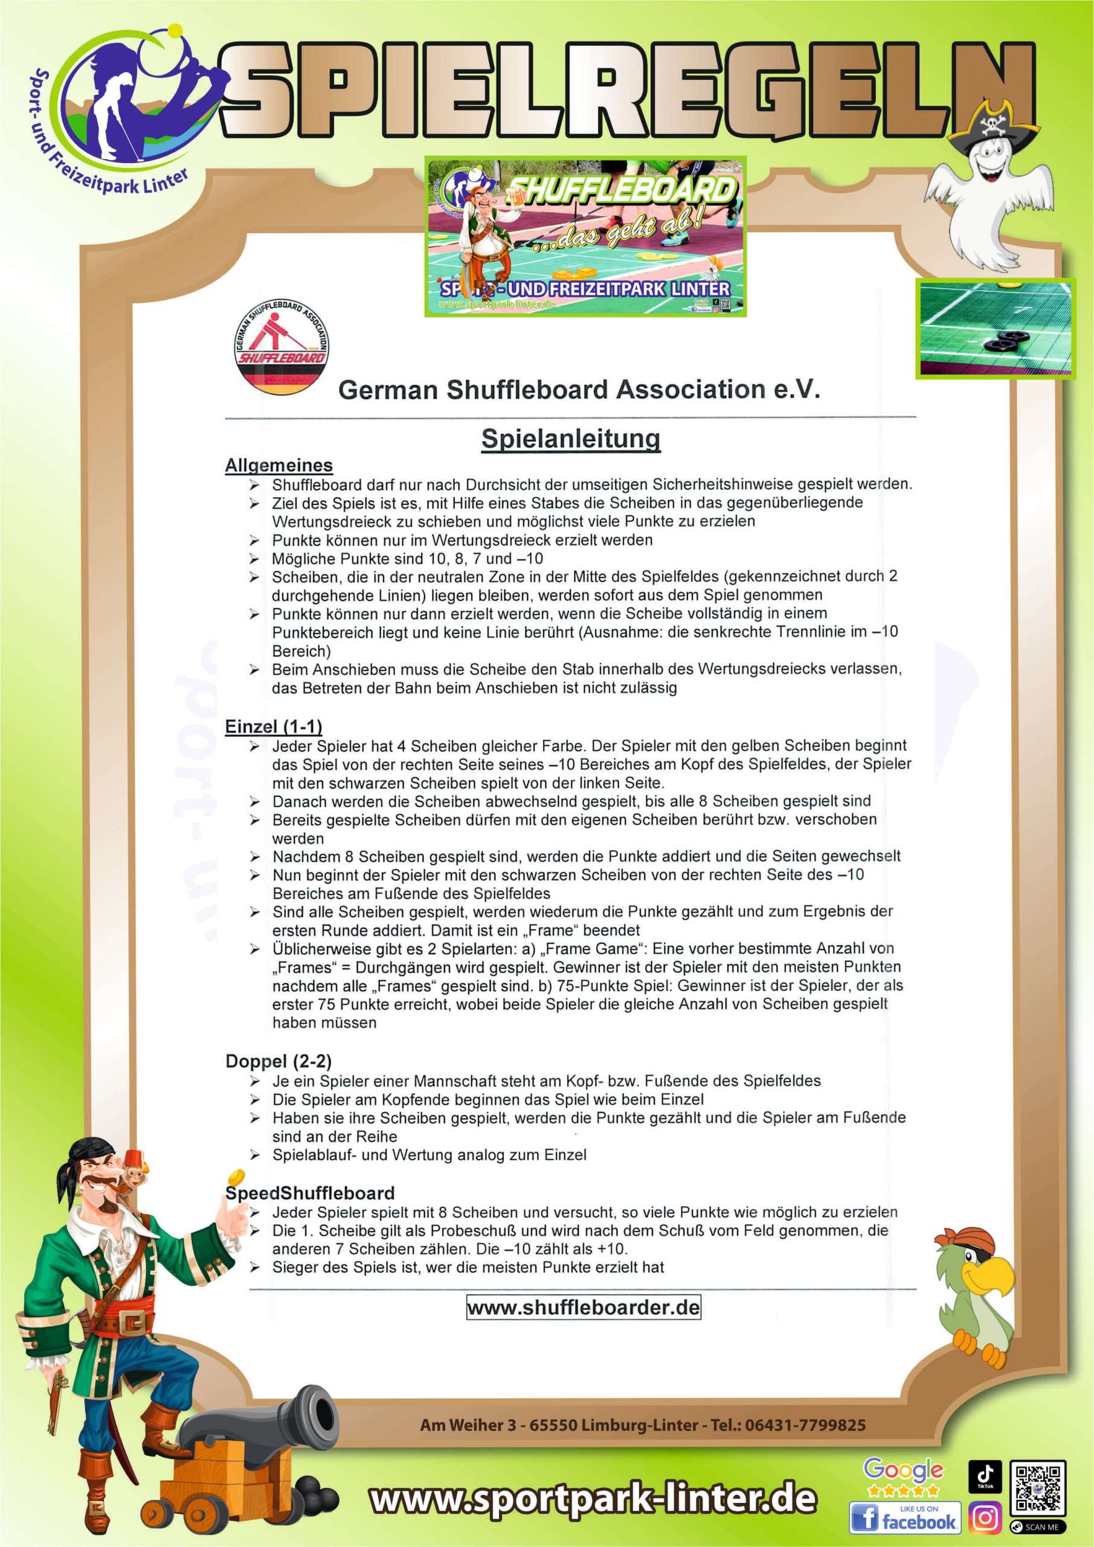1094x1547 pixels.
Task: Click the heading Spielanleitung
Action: (571, 439)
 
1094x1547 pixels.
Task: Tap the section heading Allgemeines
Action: (278, 465)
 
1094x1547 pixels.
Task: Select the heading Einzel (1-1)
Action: (274, 726)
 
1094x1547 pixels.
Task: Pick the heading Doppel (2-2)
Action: (278, 1061)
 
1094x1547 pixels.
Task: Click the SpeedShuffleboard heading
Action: (310, 1193)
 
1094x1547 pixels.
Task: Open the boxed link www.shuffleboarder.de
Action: (584, 1307)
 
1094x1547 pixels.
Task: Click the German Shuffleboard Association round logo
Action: (282, 346)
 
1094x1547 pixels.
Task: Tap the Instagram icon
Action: (985, 1517)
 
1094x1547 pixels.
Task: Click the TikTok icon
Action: (985, 1476)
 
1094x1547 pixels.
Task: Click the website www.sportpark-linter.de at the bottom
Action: (593, 1499)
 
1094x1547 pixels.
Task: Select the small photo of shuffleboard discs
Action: (995, 328)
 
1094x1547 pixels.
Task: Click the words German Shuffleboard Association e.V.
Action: (579, 389)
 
